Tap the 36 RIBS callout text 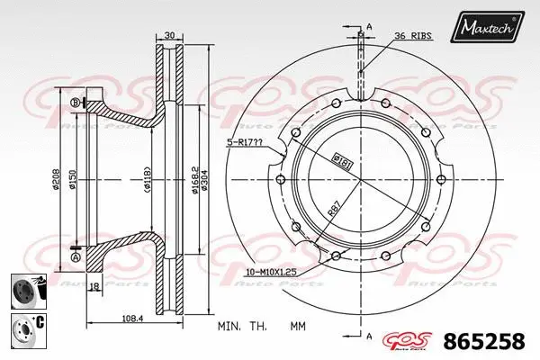[413, 36]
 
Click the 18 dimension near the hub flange [94, 286]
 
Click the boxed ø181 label [342, 161]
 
